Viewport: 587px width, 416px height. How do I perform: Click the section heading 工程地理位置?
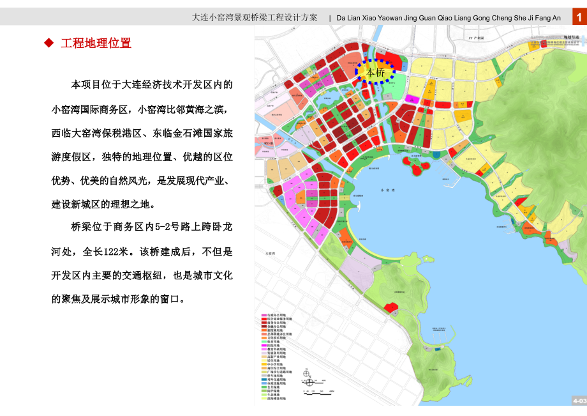click(x=96, y=43)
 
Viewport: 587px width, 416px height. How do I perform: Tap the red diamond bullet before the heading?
click(x=48, y=43)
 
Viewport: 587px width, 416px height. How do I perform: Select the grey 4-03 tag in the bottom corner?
click(x=578, y=400)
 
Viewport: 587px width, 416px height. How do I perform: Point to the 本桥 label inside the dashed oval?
click(x=376, y=72)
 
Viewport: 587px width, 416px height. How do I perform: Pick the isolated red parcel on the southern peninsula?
click(x=390, y=308)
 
